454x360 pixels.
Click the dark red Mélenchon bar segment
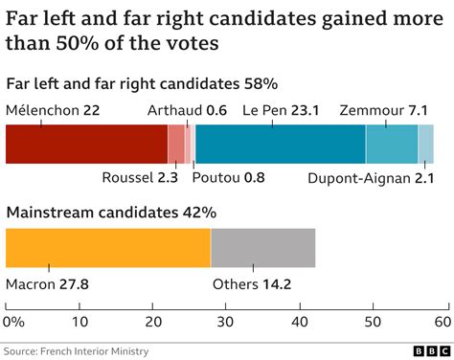86,144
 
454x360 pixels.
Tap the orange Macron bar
108,248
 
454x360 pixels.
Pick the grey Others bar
262,248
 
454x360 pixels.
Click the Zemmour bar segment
392,144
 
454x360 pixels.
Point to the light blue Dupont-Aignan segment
426,144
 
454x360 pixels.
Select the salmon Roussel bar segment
176,144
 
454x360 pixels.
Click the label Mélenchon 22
53,110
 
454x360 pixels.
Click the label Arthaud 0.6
187,110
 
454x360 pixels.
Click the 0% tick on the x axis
13,321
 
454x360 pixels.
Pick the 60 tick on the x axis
441,321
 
